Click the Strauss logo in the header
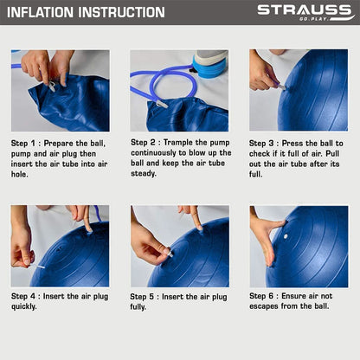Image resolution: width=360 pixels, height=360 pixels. (305, 12)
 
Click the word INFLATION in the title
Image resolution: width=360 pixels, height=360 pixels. (40, 12)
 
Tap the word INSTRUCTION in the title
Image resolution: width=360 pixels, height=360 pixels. (121, 12)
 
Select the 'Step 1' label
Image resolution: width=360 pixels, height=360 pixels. (22, 143)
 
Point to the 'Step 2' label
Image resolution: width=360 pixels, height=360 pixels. (143, 142)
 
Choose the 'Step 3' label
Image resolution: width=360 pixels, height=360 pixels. (261, 143)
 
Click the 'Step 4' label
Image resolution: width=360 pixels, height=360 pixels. (23, 296)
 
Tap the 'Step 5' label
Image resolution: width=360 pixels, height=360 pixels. (142, 297)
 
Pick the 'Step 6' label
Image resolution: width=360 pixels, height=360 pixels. (261, 296)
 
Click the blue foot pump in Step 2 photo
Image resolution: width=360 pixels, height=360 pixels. (209, 67)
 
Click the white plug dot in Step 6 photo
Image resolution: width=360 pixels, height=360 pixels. (286, 236)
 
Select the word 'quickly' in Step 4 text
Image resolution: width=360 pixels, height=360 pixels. (23, 306)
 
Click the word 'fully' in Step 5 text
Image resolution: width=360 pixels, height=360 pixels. (138, 306)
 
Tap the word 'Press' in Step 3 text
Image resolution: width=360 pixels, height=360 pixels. (292, 143)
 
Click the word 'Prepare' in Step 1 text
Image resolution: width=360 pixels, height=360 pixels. (59, 143)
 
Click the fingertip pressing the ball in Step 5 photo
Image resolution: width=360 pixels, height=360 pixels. (199, 228)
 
